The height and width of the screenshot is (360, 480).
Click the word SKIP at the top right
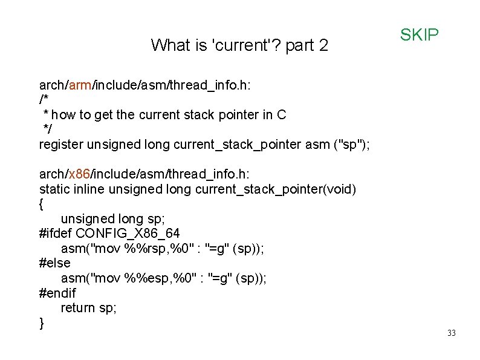tap(419, 35)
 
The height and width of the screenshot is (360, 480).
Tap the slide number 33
tap(451, 333)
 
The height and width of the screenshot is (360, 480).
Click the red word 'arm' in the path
tap(80, 85)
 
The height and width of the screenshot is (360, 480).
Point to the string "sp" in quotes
tap(351, 145)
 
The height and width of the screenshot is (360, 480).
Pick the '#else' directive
tap(54, 263)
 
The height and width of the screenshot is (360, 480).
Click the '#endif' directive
tap(57, 293)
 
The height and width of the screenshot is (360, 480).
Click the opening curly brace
tap(41, 204)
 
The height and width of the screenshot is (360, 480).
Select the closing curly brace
tap(41, 322)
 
